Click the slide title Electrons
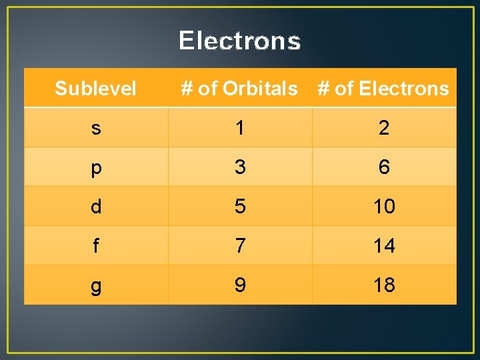[240, 41]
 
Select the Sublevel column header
[95, 88]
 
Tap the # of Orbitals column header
[239, 88]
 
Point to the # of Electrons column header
[383, 88]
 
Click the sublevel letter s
[96, 128]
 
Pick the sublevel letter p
[96, 168]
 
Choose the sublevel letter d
[96, 207]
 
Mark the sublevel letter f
[96, 246]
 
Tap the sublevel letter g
[96, 286]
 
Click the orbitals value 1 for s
[240, 128]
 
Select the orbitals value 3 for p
[240, 167]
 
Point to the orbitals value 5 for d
[240, 207]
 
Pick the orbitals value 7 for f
[240, 246]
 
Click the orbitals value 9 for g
[240, 285]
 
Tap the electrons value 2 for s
[384, 128]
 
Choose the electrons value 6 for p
[384, 167]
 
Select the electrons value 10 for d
[384, 207]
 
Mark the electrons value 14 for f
[384, 246]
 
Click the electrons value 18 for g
[384, 285]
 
